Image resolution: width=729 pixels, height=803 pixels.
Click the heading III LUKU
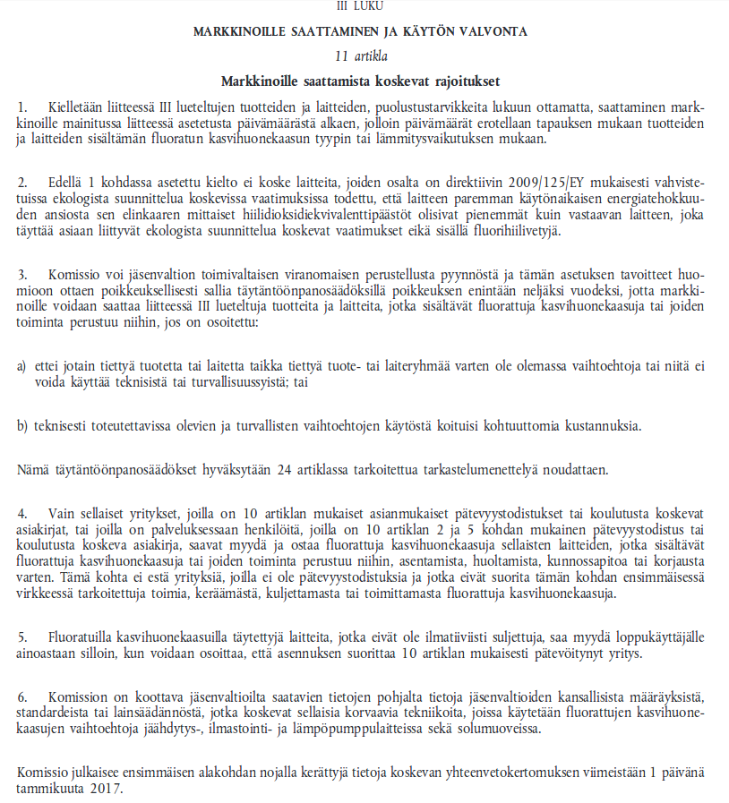[x=361, y=6]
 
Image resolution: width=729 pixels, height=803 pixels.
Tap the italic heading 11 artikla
[x=361, y=56]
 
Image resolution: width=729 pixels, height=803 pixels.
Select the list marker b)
[x=22, y=425]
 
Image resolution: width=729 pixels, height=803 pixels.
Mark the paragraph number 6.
[x=21, y=696]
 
